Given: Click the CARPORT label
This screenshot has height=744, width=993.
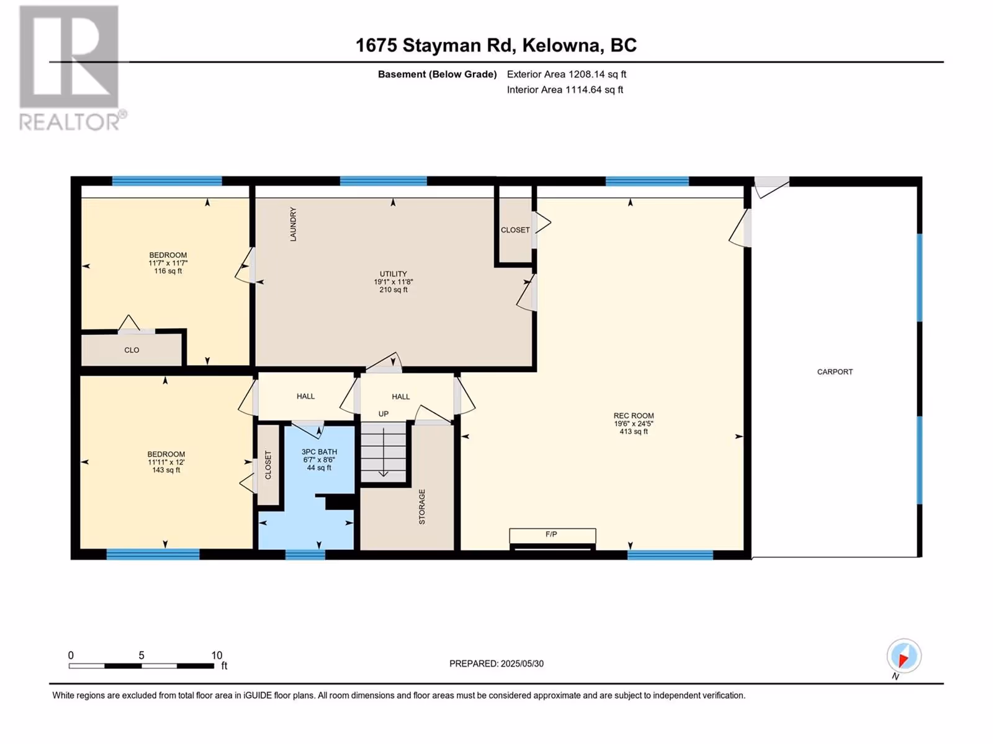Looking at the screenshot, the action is [835, 372].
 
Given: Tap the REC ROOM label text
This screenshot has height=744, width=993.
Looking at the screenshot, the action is [634, 415].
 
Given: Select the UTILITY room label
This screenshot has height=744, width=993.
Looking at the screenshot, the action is [393, 274].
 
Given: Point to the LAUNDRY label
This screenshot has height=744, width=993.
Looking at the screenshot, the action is [293, 224].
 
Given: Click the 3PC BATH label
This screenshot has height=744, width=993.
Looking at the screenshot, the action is [320, 452].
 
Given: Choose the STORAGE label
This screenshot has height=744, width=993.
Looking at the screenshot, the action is [422, 507].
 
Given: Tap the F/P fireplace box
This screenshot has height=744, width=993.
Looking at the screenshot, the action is [552, 536].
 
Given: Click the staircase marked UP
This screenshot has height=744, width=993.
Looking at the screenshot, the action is [383, 452].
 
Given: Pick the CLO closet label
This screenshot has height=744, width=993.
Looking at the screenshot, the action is [132, 350].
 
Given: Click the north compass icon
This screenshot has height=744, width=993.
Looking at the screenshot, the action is [904, 657].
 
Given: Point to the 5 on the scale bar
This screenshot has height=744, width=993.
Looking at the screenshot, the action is [141, 655].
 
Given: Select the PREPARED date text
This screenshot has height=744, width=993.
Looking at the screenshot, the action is [496, 663].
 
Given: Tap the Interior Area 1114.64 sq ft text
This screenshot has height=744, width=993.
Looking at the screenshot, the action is [565, 89].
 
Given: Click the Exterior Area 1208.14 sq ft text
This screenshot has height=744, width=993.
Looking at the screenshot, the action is [567, 74].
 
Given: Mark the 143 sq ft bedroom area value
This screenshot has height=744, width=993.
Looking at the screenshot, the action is [166, 470].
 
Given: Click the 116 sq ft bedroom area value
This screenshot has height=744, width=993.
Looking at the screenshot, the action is [168, 271].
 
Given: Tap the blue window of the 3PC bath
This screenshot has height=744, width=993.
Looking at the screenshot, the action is [305, 554].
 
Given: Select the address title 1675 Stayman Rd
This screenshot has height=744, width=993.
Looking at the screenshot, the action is [434, 46].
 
